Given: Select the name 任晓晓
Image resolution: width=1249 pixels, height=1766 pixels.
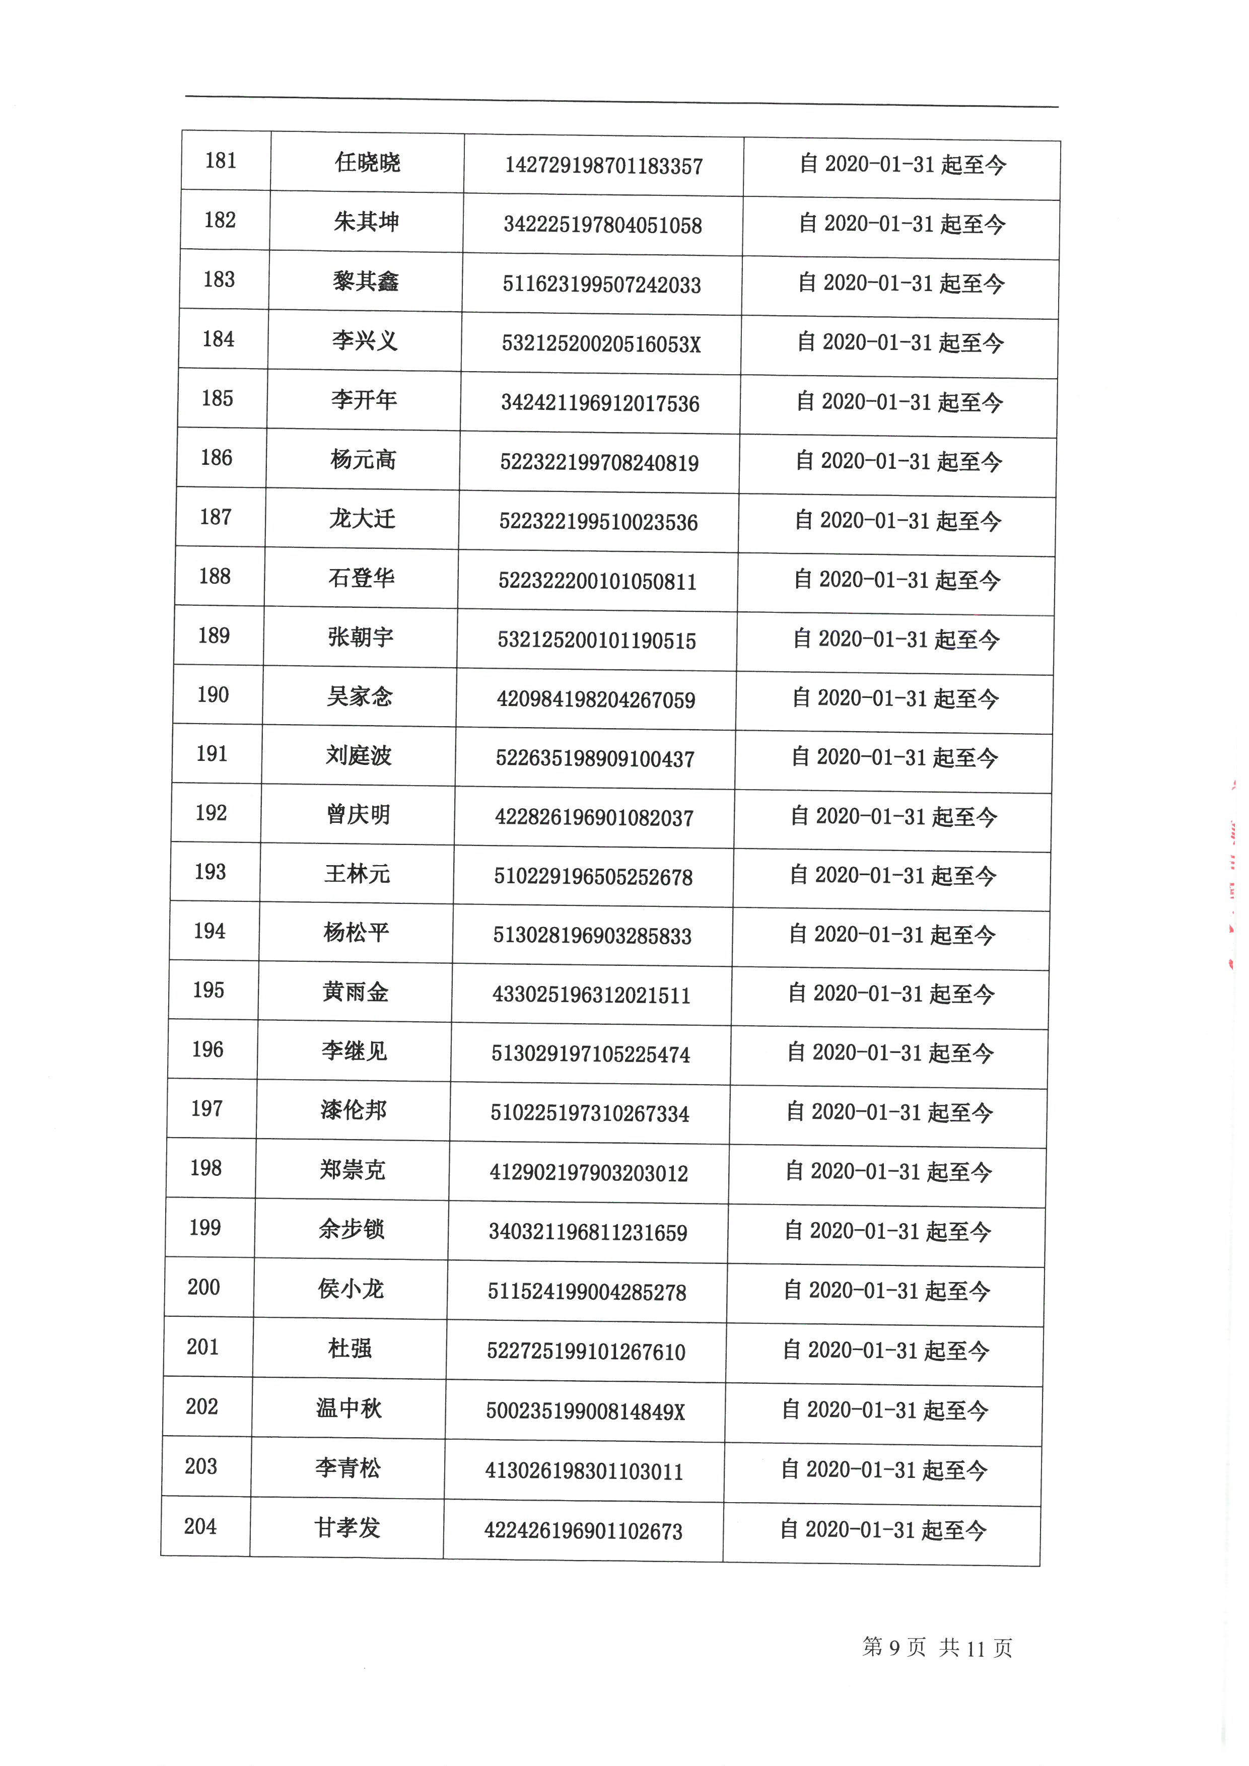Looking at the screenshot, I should coord(368,163).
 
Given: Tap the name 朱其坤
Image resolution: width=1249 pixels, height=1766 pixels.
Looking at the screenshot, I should coord(366,222).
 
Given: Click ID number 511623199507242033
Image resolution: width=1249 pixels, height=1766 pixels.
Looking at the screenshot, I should coord(601,285).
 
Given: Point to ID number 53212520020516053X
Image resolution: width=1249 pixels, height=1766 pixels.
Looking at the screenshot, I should coord(601,344).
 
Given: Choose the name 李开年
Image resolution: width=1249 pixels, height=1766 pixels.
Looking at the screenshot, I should coord(364,400).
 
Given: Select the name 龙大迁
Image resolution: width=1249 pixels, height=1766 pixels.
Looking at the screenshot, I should coord(362,519).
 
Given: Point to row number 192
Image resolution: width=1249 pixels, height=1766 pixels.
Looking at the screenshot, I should coord(212,813).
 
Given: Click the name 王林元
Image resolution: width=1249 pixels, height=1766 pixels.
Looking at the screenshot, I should coord(357,874).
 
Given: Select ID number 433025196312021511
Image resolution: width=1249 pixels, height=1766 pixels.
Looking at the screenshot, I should coord(591,996).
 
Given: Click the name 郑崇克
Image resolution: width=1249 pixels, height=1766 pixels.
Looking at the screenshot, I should coord(352,1170).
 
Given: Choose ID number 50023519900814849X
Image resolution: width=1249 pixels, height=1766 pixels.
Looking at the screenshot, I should coord(585,1411).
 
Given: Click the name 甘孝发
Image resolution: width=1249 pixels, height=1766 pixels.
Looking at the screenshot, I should coord(347,1527).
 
